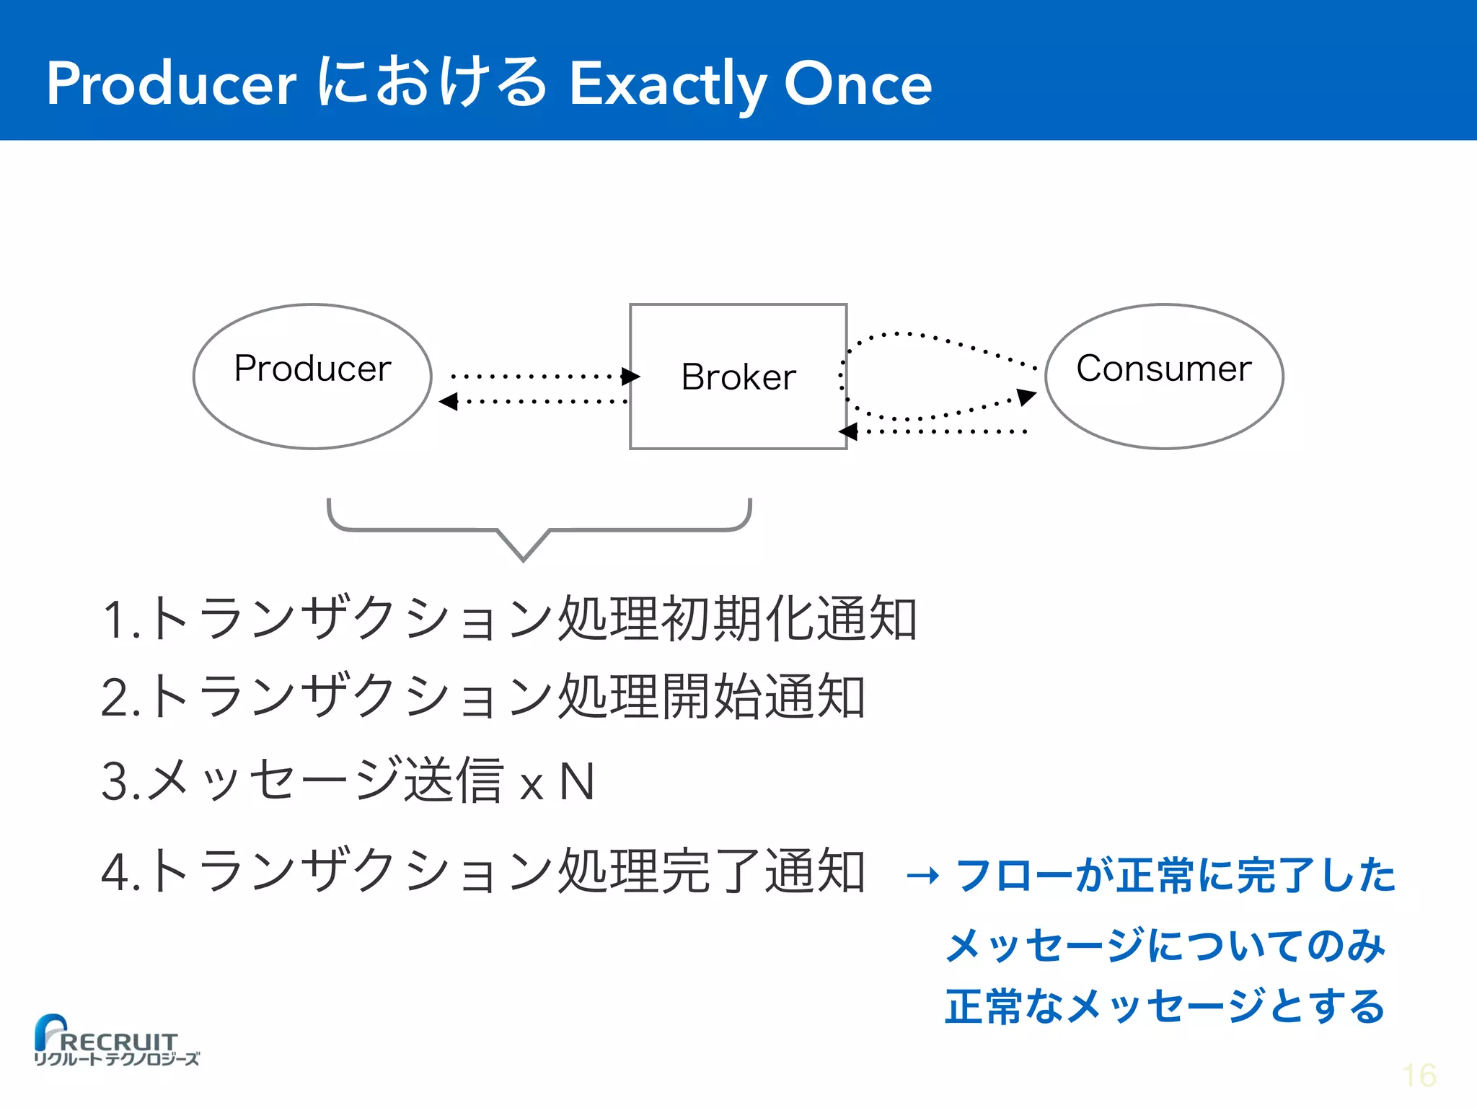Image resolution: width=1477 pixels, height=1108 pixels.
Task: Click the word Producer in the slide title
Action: pos(172,84)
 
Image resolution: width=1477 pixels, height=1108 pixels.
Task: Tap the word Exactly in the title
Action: pos(666,85)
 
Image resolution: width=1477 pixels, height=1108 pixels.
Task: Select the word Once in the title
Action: pos(857,84)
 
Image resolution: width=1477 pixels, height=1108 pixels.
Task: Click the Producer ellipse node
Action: pos(312,376)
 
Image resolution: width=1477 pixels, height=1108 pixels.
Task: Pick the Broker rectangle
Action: pos(738,376)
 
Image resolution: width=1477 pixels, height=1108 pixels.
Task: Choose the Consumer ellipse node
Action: pos(1163,376)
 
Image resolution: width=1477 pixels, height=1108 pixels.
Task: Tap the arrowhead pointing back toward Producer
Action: pos(449,401)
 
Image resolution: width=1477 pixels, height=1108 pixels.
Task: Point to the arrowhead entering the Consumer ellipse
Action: pos(1026,396)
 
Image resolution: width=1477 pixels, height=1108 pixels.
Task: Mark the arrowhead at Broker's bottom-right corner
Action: pos(848,431)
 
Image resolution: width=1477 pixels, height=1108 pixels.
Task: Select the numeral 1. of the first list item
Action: pos(120,620)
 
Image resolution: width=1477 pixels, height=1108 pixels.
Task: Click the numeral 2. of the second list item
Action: pos(120,698)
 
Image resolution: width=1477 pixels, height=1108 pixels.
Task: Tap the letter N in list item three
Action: pos(578,782)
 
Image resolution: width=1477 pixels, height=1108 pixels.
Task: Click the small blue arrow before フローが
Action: pos(923,876)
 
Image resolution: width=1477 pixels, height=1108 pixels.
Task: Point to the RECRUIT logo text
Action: pos(119,1042)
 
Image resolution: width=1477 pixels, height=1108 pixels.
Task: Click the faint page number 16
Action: pos(1419,1076)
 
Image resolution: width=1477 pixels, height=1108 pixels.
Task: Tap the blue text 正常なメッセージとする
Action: pos(1165,1007)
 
